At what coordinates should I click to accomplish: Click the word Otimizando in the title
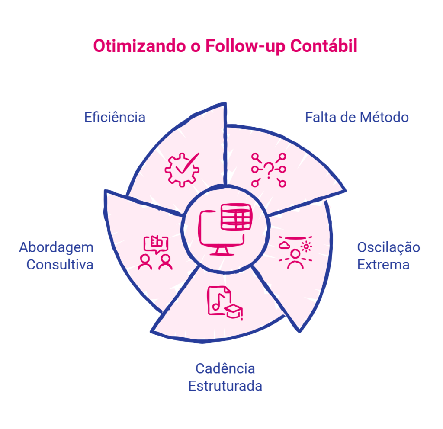pyautogui.click(x=140, y=46)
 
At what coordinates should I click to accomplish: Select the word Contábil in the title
pyautogui.click(x=324, y=45)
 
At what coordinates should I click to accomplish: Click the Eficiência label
pyautogui.click(x=115, y=117)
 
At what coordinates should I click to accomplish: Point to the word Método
pyautogui.click(x=385, y=117)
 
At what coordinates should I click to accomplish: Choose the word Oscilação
pyautogui.click(x=388, y=248)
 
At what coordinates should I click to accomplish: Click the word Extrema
pyautogui.click(x=383, y=265)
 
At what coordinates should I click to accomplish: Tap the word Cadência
pyautogui.click(x=225, y=368)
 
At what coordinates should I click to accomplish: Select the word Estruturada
pyautogui.click(x=225, y=386)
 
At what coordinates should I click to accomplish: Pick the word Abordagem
pyautogui.click(x=56, y=248)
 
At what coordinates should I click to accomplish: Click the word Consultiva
pyautogui.click(x=60, y=265)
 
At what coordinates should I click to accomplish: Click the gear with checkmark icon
pyautogui.click(x=182, y=170)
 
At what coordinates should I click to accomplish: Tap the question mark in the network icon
pyautogui.click(x=269, y=170)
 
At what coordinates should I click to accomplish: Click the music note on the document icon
pyautogui.click(x=218, y=301)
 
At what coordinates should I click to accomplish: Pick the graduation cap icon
pyautogui.click(x=234, y=312)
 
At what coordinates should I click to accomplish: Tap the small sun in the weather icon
pyautogui.click(x=306, y=246)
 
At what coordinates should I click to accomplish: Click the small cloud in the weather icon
pyautogui.click(x=284, y=245)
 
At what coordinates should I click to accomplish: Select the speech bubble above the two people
pyautogui.click(x=156, y=244)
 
